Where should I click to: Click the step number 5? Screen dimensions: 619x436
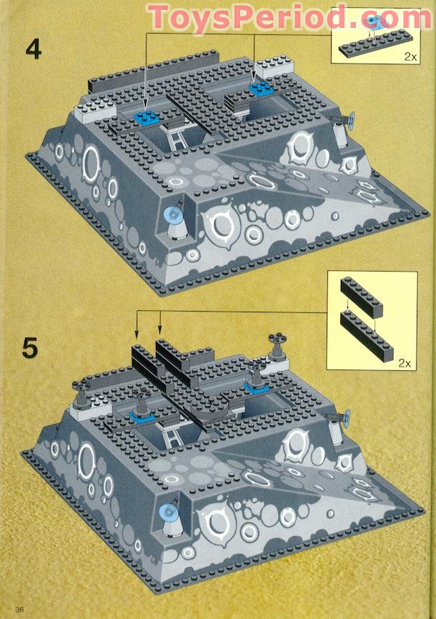coord(31,348)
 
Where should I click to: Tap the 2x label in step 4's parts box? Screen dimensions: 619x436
coord(409,54)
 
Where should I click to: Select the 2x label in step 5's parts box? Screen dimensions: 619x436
coord(405,363)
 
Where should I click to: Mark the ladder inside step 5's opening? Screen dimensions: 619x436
coord(173,434)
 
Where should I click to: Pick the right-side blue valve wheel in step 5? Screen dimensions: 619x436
coord(347,417)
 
